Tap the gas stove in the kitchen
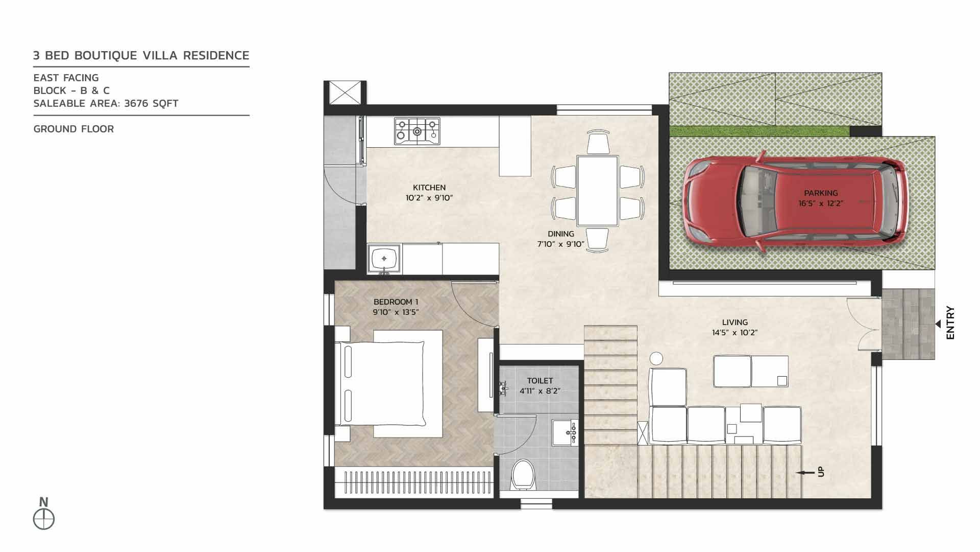click(417, 131)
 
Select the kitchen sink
click(384, 259)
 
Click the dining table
click(597, 191)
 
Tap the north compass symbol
click(44, 519)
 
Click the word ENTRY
click(950, 323)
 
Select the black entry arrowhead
click(938, 324)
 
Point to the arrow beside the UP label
click(806, 473)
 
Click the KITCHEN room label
click(429, 188)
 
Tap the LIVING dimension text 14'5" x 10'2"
click(735, 333)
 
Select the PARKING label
click(821, 193)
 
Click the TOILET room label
click(540, 381)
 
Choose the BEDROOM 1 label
click(396, 302)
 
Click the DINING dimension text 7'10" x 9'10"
click(560, 244)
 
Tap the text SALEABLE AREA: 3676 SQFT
click(106, 103)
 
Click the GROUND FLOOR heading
click(73, 129)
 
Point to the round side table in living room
click(656, 358)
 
